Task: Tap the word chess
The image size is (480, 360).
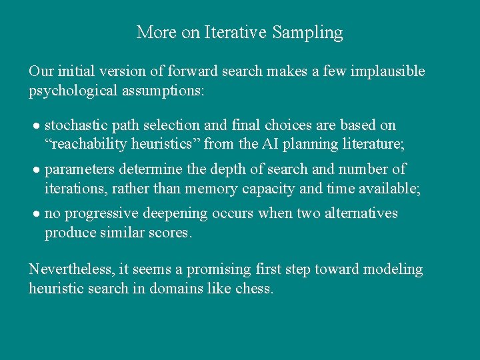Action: [x=254, y=289]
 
